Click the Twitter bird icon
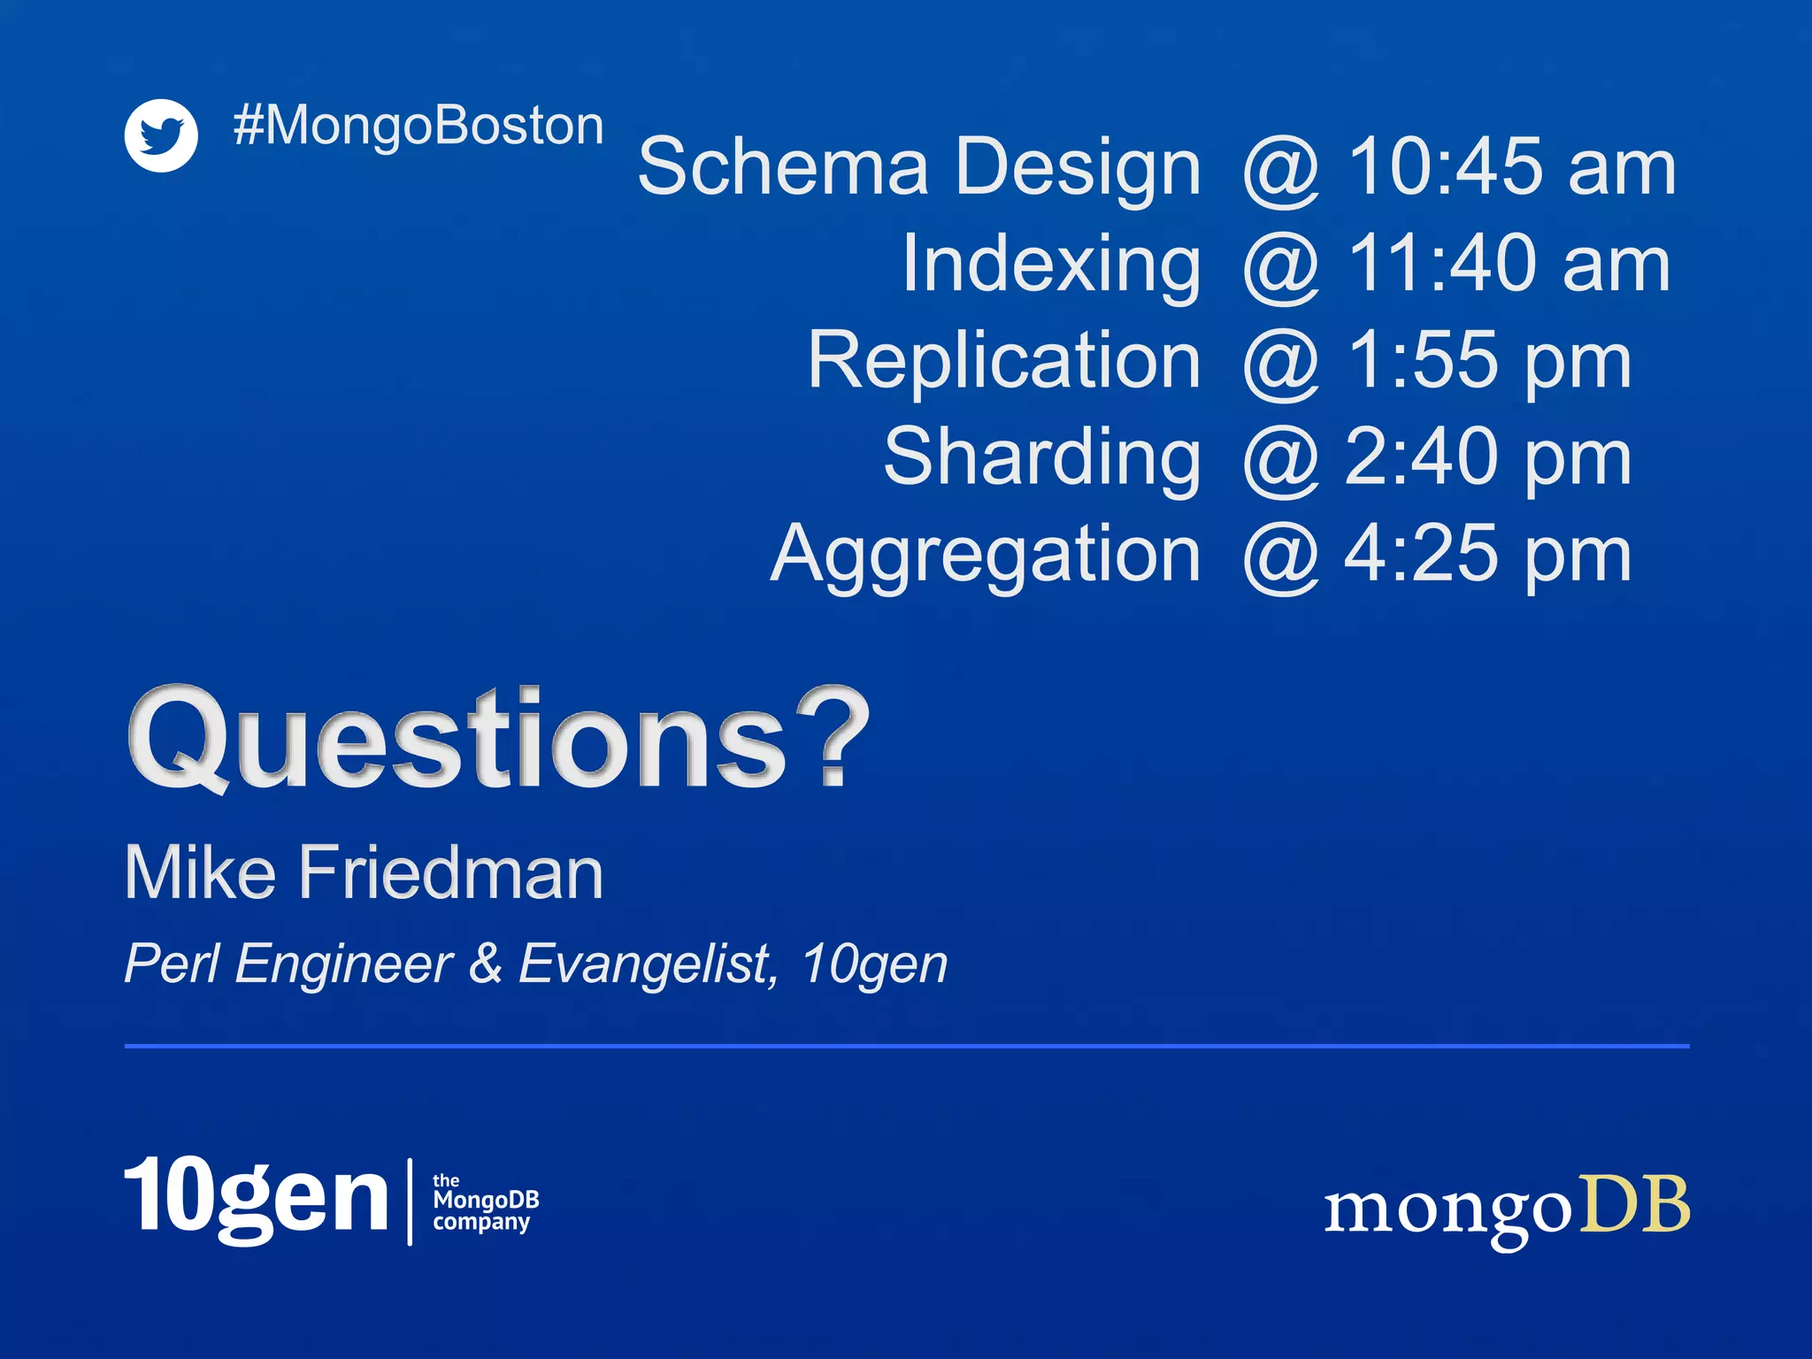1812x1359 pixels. [161, 135]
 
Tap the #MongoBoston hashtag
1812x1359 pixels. [418, 126]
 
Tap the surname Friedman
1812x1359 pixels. [450, 873]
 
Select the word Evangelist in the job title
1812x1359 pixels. [647, 964]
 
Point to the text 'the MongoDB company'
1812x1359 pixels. [485, 1202]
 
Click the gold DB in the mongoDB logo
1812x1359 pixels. [1635, 1205]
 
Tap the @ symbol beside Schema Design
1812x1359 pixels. [1281, 168]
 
